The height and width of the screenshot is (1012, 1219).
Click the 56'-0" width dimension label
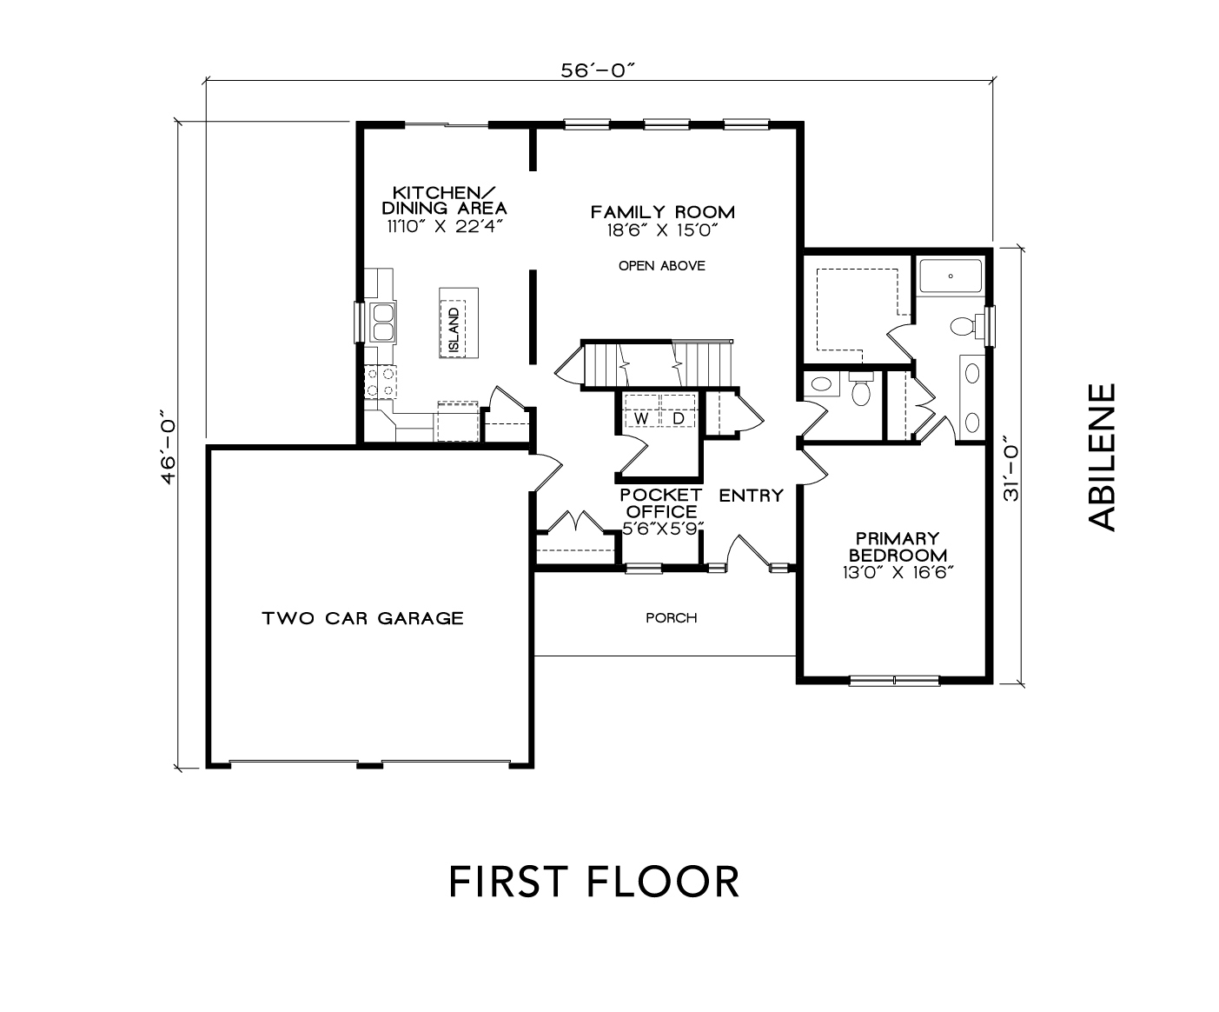pyautogui.click(x=597, y=70)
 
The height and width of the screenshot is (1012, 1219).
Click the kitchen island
pyautogui.click(x=459, y=323)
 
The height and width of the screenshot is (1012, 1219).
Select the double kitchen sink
pyautogui.click(x=383, y=322)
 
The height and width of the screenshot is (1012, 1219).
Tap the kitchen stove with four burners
pyautogui.click(x=380, y=383)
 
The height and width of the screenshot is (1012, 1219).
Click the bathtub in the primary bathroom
pyautogui.click(x=951, y=276)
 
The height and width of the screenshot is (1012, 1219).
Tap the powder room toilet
pyautogui.click(x=861, y=388)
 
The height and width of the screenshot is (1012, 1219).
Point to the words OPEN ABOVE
pyautogui.click(x=661, y=266)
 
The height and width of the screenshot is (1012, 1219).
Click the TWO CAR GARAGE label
pyautogui.click(x=362, y=618)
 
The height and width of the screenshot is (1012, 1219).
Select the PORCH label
pyautogui.click(x=671, y=617)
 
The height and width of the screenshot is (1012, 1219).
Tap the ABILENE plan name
pyautogui.click(x=1103, y=457)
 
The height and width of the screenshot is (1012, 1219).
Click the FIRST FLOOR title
pyautogui.click(x=594, y=882)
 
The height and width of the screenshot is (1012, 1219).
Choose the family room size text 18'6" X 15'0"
pyautogui.click(x=662, y=230)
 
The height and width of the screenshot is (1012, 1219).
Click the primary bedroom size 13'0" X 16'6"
pyautogui.click(x=898, y=572)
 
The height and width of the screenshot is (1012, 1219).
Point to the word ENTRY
pyautogui.click(x=751, y=496)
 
